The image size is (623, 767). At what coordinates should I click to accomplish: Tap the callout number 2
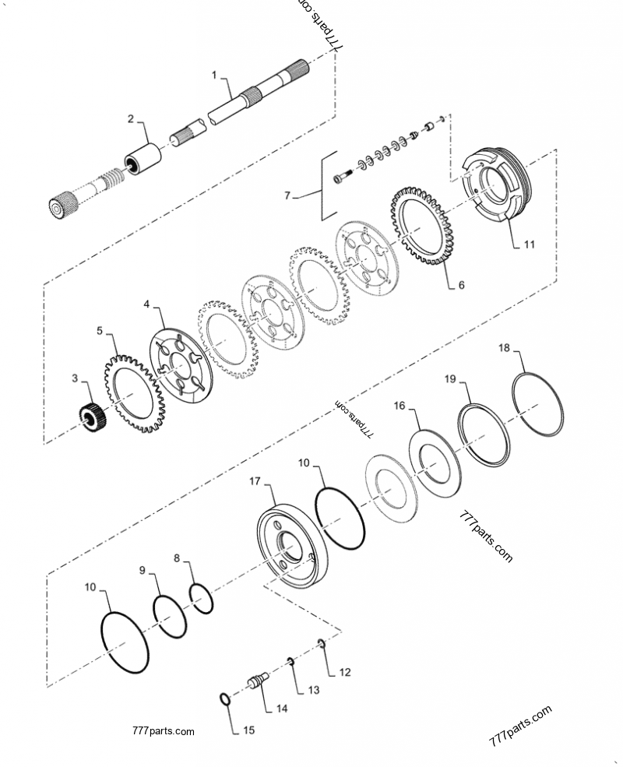(x=131, y=119)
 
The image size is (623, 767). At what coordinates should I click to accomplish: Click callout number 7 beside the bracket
(x=287, y=197)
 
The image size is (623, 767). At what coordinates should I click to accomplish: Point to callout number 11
(x=529, y=244)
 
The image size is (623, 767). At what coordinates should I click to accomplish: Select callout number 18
(x=504, y=348)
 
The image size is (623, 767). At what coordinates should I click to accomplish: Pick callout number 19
(x=450, y=379)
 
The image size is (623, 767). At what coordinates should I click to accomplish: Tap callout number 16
(x=399, y=406)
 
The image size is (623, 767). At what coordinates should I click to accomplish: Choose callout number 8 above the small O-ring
(x=177, y=558)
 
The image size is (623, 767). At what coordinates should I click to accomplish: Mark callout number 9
(x=143, y=571)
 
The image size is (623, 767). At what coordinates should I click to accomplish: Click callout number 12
(x=345, y=671)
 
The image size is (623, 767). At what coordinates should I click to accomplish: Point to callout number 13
(x=313, y=690)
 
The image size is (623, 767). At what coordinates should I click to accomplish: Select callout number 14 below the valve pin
(x=281, y=709)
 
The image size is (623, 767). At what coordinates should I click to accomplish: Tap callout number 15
(x=248, y=730)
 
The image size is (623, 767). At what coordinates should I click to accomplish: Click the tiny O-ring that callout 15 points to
(x=224, y=698)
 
